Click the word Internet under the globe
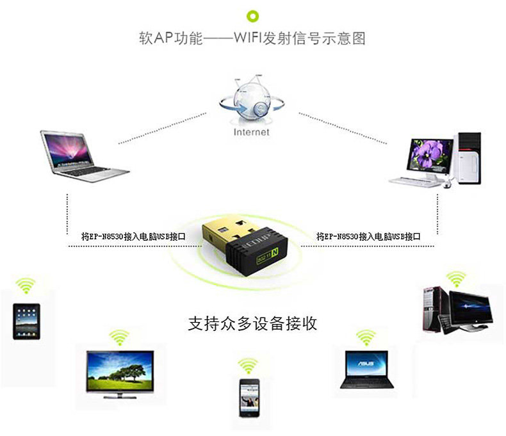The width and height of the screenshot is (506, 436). (x=251, y=132)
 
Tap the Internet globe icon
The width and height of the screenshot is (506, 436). (x=252, y=100)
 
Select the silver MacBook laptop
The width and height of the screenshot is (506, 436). (x=85, y=156)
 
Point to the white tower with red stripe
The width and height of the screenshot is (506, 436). (x=468, y=158)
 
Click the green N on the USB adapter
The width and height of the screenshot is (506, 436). (x=275, y=252)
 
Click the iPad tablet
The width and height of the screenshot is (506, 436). (x=26, y=321)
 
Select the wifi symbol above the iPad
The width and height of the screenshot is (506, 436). (x=26, y=286)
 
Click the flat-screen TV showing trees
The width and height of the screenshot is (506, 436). (x=120, y=374)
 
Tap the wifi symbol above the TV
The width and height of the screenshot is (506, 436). (x=119, y=337)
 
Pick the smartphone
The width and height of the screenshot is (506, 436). (x=249, y=398)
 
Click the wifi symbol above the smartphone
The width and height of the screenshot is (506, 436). (x=248, y=366)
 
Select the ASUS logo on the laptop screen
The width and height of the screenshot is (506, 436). (x=366, y=364)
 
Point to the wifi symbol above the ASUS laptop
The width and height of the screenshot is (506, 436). (x=366, y=337)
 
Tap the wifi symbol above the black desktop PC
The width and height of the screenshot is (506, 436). (x=456, y=279)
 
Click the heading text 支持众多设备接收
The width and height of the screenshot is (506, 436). (x=252, y=323)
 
